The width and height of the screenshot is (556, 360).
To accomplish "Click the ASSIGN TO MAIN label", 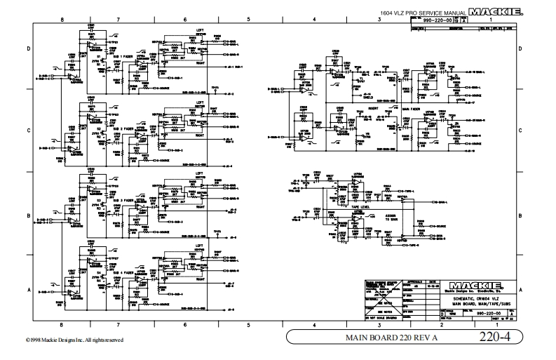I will coord(371,218).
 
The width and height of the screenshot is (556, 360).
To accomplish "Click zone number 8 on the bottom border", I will coord(62,325).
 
